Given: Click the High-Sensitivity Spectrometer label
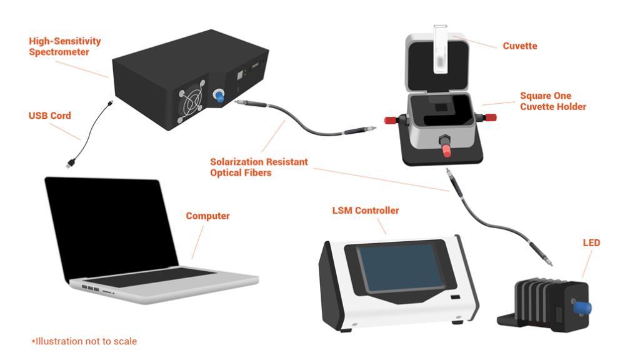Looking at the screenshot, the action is point(65,46).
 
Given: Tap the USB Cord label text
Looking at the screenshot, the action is point(50,116).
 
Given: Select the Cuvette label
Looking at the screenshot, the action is point(519,46).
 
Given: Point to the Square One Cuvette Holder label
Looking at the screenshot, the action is point(553,101).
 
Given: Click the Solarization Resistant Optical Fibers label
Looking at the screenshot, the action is point(259,167).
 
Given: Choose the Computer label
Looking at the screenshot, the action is point(207,216).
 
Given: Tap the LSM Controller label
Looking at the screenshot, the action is point(365,211).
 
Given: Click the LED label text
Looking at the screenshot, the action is point(591,243).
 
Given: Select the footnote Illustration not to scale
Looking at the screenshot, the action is point(84,341).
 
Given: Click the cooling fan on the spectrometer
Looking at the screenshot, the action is point(191,102).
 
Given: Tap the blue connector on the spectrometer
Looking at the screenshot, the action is point(219,96).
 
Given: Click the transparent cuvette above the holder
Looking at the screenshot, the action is point(441,49).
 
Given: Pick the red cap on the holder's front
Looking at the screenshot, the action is point(446,150).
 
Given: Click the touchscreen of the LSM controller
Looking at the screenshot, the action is point(401,267).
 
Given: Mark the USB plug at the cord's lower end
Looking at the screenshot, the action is point(70,164).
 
